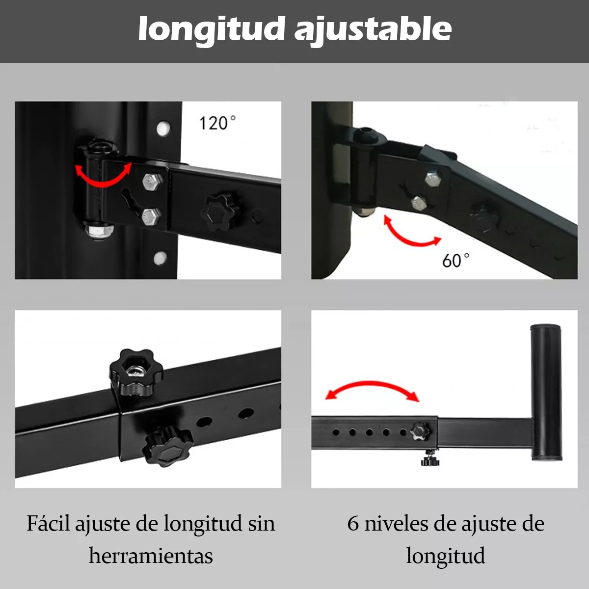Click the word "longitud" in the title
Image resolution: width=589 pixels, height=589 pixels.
(212, 29)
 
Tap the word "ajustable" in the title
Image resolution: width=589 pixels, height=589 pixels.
(373, 29)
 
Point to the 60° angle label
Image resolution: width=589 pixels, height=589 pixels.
(455, 260)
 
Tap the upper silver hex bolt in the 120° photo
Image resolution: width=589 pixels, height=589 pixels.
(150, 182)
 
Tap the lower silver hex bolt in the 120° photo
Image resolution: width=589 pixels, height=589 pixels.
(150, 216)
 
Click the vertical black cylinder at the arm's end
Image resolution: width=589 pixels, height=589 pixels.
(546, 392)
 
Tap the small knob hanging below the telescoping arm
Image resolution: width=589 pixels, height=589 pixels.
(430, 459)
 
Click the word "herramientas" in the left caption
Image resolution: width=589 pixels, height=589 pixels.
(151, 556)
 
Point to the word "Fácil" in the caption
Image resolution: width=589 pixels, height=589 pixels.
(48, 524)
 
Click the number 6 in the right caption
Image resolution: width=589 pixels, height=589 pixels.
(353, 524)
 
